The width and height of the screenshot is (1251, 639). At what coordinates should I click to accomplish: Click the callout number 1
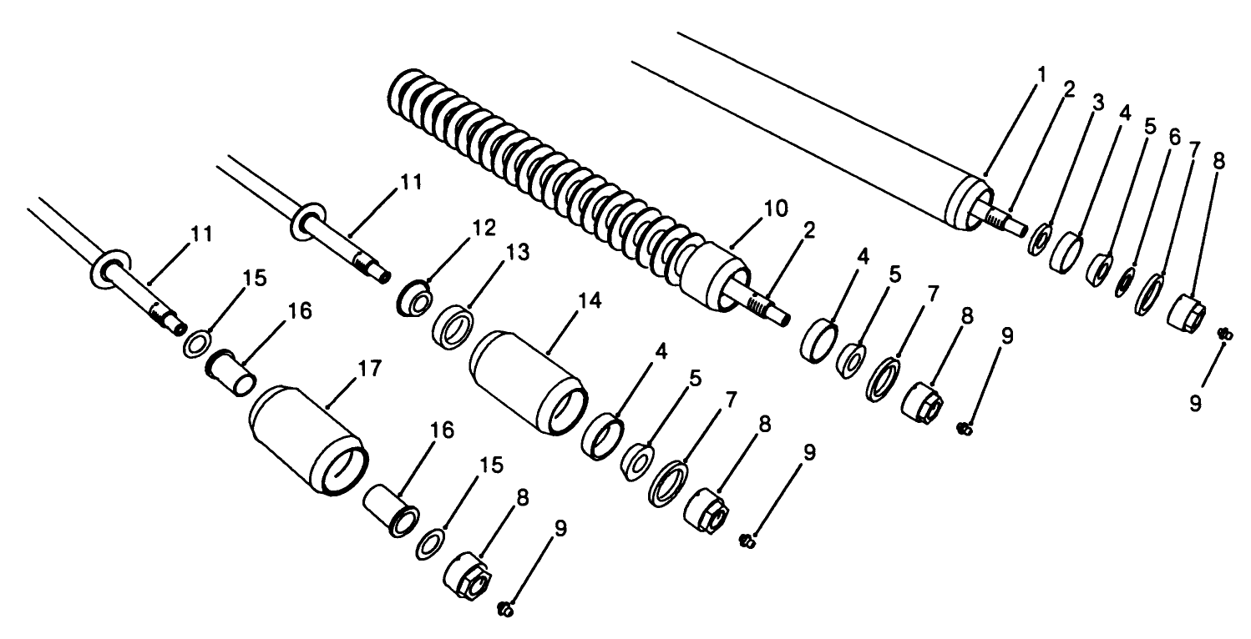click(1041, 75)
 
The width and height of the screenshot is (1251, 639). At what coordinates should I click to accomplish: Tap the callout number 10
click(776, 209)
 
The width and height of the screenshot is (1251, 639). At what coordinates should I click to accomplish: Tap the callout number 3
click(1097, 103)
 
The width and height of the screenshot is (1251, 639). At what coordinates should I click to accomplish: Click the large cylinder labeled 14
click(529, 379)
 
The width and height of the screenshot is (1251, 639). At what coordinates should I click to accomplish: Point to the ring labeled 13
click(454, 323)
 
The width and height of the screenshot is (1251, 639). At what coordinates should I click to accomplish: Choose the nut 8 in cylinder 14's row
click(707, 507)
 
